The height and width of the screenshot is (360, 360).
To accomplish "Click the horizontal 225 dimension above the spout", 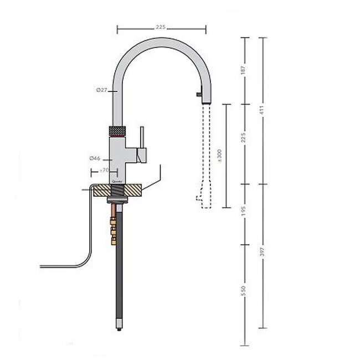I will click(161, 27).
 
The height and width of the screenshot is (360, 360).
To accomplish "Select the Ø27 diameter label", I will click(100, 90).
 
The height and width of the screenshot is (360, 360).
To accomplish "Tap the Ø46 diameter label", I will click(95, 158).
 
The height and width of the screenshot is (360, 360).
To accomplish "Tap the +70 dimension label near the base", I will click(103, 170).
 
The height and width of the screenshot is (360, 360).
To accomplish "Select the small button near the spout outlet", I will click(197, 95).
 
